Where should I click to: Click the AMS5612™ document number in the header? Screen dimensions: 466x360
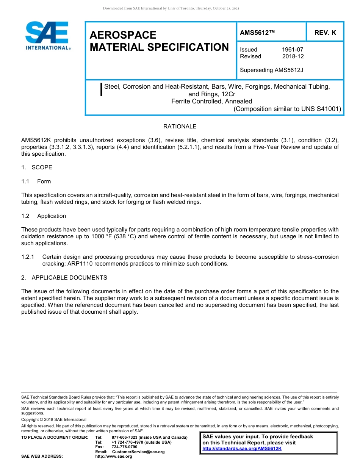[257, 33]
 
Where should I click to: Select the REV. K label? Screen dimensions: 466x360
[325, 33]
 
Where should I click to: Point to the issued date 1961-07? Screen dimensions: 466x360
[292, 50]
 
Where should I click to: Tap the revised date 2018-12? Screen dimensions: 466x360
[293, 56]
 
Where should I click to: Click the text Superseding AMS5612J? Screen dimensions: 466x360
[271, 70]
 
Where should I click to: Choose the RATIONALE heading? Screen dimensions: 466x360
[180, 127]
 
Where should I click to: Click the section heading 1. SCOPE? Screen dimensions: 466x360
[37, 167]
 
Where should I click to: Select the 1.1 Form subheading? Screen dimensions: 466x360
[36, 181]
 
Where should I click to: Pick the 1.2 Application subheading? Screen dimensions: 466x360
[44, 216]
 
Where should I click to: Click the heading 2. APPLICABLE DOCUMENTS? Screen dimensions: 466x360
[64, 278]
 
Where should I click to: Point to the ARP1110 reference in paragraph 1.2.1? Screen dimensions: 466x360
[80, 264]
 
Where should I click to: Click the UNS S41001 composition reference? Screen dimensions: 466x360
[321, 109]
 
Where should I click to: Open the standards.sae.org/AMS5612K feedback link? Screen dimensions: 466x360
[242, 449]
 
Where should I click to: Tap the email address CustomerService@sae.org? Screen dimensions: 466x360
[138, 452]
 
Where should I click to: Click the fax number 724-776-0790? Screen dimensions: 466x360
[124, 447]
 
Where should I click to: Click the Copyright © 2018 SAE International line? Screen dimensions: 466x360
[54, 419]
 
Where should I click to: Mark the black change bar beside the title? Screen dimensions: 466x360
[101, 89]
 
